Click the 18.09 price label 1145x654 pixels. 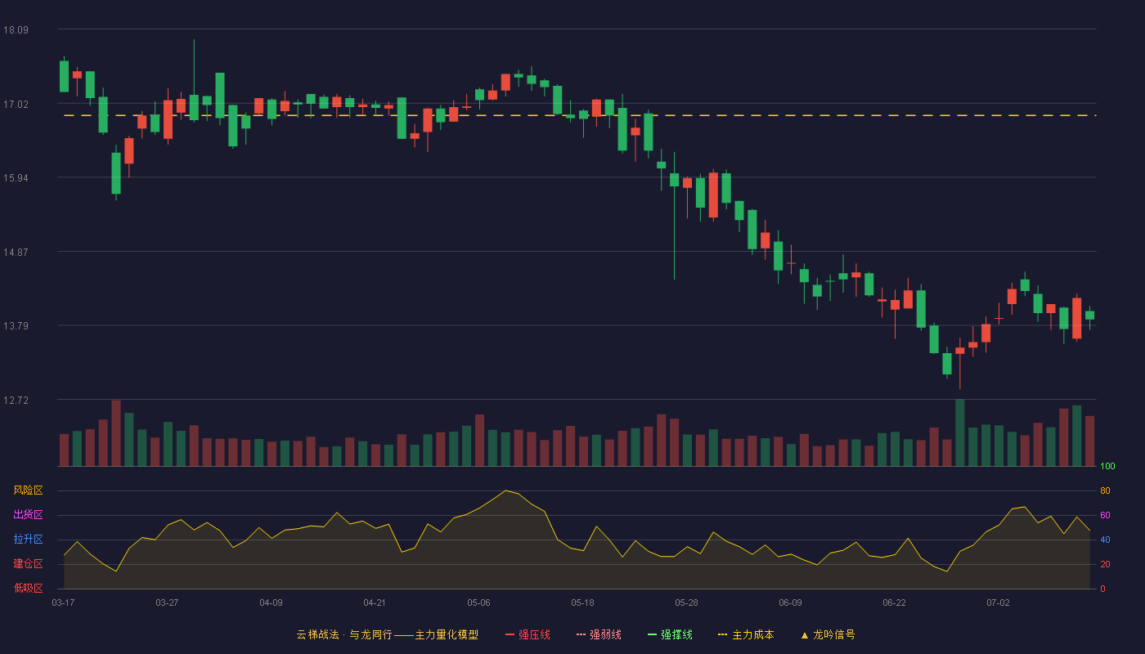(16, 30)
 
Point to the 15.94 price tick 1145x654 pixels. (16, 178)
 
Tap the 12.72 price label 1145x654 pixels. (16, 401)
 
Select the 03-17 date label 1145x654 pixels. (64, 603)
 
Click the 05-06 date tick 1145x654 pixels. (478, 603)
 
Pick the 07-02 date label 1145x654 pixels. (998, 603)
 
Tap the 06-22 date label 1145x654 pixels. (894, 603)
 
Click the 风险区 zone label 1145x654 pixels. (28, 490)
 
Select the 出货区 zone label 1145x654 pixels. (28, 515)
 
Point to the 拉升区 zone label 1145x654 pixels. (28, 540)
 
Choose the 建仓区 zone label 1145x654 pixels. (28, 564)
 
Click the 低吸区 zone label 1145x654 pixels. (28, 589)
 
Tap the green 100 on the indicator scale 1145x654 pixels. (1107, 467)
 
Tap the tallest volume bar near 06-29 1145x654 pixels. (960, 432)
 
